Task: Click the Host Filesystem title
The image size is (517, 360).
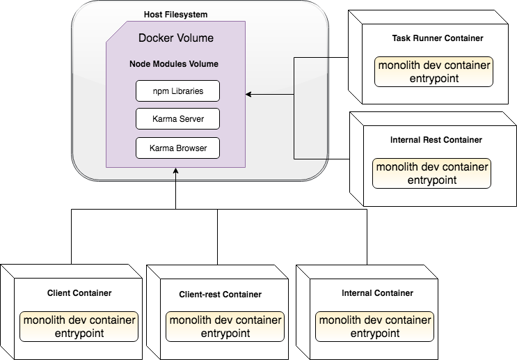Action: pos(175,15)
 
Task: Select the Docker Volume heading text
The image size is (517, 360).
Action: pos(176,38)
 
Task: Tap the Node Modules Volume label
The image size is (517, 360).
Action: pos(174,64)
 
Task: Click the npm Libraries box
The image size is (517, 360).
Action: pos(177,91)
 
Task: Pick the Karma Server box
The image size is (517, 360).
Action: pos(177,120)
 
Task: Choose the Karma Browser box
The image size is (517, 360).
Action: pos(177,148)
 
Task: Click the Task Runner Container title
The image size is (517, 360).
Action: pos(438,38)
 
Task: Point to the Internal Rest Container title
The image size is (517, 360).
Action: pos(436,140)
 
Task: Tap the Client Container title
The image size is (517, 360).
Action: pos(79,293)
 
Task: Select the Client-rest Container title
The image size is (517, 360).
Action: pos(220,295)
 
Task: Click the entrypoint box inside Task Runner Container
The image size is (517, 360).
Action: pos(434,72)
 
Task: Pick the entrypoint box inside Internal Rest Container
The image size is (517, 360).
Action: pos(431,173)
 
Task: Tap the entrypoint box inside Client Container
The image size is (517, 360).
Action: pos(79,327)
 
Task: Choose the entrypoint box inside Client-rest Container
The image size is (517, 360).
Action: pos(225,327)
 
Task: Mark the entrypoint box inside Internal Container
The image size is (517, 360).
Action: pos(374,327)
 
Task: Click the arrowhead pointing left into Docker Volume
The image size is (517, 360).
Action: pos(248,94)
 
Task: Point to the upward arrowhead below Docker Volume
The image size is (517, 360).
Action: pos(176,171)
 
